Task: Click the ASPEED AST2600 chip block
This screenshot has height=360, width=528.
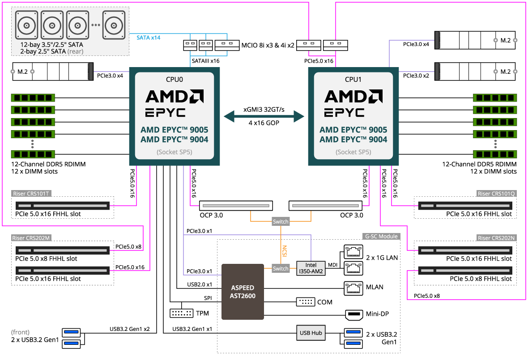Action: click(x=243, y=292)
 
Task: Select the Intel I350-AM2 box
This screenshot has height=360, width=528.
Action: click(x=311, y=268)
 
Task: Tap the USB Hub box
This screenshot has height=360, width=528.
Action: click(x=311, y=333)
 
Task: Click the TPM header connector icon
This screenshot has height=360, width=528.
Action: click(x=182, y=313)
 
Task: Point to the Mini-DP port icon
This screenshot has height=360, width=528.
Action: click(x=354, y=314)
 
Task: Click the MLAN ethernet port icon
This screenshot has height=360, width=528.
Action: click(x=353, y=288)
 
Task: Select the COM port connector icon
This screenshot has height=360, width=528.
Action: click(x=306, y=302)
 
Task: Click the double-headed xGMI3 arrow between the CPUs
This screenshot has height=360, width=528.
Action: click(x=264, y=116)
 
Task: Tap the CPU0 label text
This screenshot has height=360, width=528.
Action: click(x=175, y=80)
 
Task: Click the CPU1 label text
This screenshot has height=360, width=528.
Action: click(x=353, y=80)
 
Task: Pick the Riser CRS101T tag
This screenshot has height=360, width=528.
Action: click(x=31, y=194)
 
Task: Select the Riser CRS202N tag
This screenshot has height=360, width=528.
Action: click(x=496, y=238)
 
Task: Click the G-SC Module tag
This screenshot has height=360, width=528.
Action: click(x=382, y=236)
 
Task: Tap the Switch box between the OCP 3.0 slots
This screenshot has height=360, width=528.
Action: click(x=281, y=221)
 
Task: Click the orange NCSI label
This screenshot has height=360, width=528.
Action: click(x=285, y=250)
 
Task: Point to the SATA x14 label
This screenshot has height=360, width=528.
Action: click(x=148, y=38)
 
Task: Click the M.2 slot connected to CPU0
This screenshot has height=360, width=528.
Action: click(x=53, y=71)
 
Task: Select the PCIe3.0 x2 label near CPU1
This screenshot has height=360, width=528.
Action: click(x=416, y=76)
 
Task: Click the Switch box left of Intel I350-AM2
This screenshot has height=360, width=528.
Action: click(x=281, y=268)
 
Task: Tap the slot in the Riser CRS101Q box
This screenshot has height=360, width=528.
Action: click(x=465, y=206)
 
